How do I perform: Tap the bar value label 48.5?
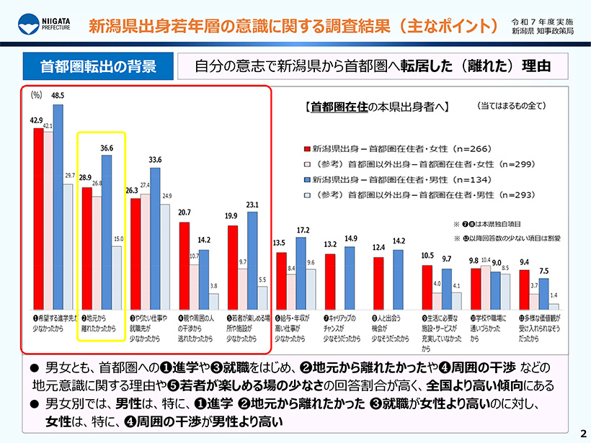(x=58, y=95)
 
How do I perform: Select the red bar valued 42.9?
(x=38, y=216)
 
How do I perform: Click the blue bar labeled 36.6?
(x=107, y=231)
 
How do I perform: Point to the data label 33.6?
(x=155, y=159)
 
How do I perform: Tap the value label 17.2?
(x=302, y=230)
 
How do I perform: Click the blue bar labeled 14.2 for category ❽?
(x=398, y=277)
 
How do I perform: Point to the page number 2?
(x=581, y=433)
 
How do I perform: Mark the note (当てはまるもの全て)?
(x=512, y=106)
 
